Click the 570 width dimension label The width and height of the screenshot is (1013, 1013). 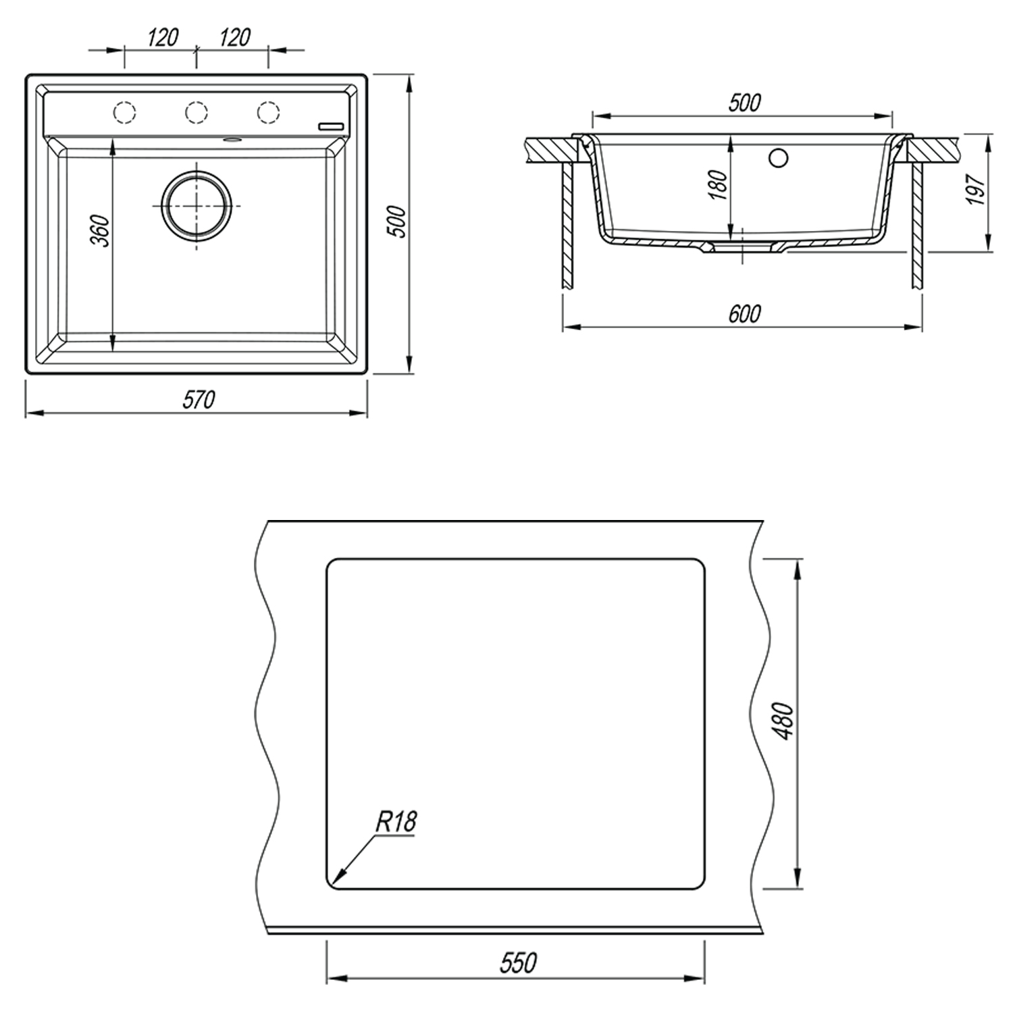coord(199,400)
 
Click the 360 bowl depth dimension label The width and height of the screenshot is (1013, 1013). coord(100,230)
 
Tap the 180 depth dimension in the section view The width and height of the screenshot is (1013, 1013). coord(719,184)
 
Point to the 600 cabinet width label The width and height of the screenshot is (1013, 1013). coord(744,314)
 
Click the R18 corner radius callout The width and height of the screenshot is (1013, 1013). coord(396,822)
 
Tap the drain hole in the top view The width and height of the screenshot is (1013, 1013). coord(197,205)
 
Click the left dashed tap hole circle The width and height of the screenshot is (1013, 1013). coord(124,112)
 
